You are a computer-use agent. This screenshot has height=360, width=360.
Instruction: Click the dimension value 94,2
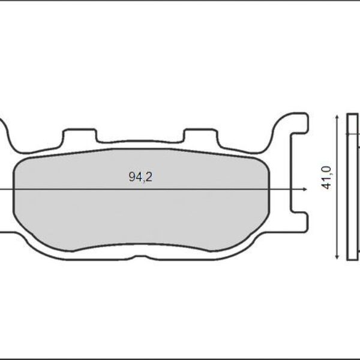[x=137, y=178]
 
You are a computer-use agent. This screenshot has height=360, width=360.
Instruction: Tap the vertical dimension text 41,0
[x=327, y=179]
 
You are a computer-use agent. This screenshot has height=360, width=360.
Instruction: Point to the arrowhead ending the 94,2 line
[x=305, y=189]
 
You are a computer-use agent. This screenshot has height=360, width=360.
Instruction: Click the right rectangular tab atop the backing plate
[x=200, y=136]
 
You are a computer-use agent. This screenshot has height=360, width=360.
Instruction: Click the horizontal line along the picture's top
[x=180, y=1]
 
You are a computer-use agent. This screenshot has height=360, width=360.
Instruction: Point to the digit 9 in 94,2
[x=131, y=178]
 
